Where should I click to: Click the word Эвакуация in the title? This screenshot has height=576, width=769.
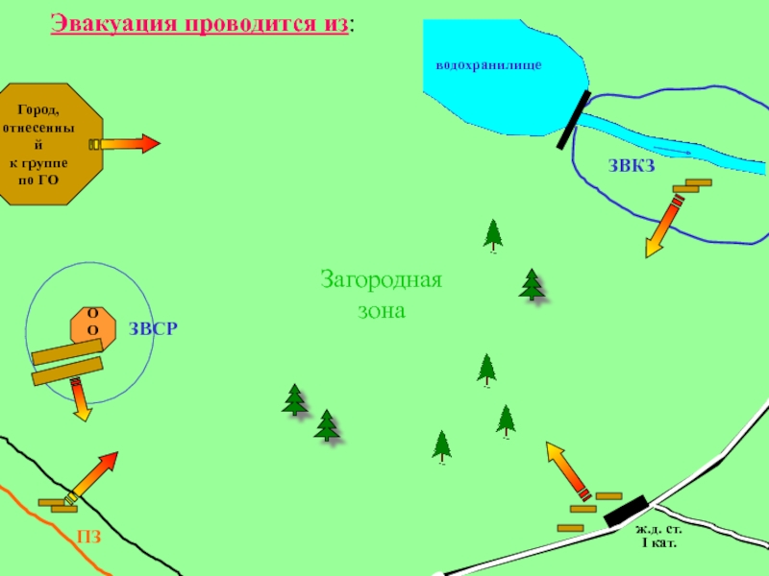click(109, 23)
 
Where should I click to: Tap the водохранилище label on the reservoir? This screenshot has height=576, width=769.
click(489, 64)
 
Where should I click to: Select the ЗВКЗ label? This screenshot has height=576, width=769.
click(632, 166)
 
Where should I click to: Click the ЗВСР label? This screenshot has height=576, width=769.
click(154, 329)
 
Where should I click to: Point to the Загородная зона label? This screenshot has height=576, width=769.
click(382, 296)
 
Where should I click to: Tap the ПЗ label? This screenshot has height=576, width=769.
click(89, 538)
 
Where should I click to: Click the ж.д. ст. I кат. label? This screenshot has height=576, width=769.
click(658, 536)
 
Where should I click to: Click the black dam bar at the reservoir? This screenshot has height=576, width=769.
click(573, 120)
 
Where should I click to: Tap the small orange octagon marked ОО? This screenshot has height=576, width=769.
click(93, 324)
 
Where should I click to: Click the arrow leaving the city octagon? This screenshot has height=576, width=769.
click(125, 144)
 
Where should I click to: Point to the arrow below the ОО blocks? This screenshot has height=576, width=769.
click(80, 399)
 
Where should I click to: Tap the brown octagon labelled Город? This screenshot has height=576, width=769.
click(50, 144)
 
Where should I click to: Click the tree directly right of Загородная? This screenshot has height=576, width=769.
click(531, 284)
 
